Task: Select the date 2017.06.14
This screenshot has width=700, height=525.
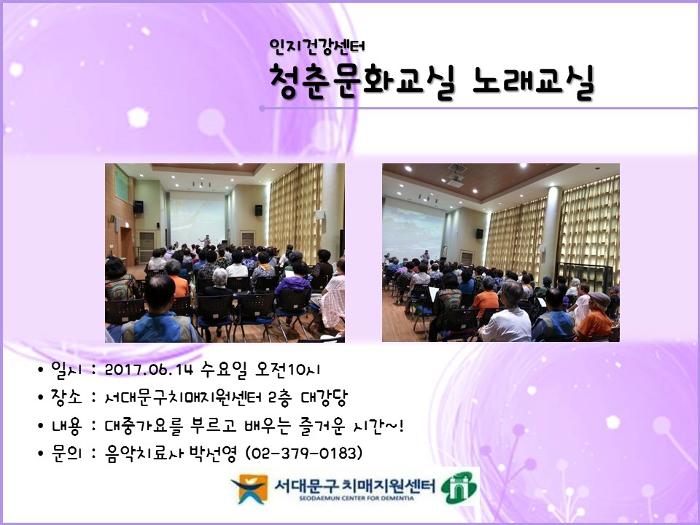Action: tap(149, 370)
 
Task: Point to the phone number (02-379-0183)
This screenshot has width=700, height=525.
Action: tap(305, 453)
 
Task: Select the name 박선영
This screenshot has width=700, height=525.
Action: tap(217, 453)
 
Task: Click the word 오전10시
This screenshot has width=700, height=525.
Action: tap(292, 370)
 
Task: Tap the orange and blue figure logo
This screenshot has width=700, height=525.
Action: tap(247, 489)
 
